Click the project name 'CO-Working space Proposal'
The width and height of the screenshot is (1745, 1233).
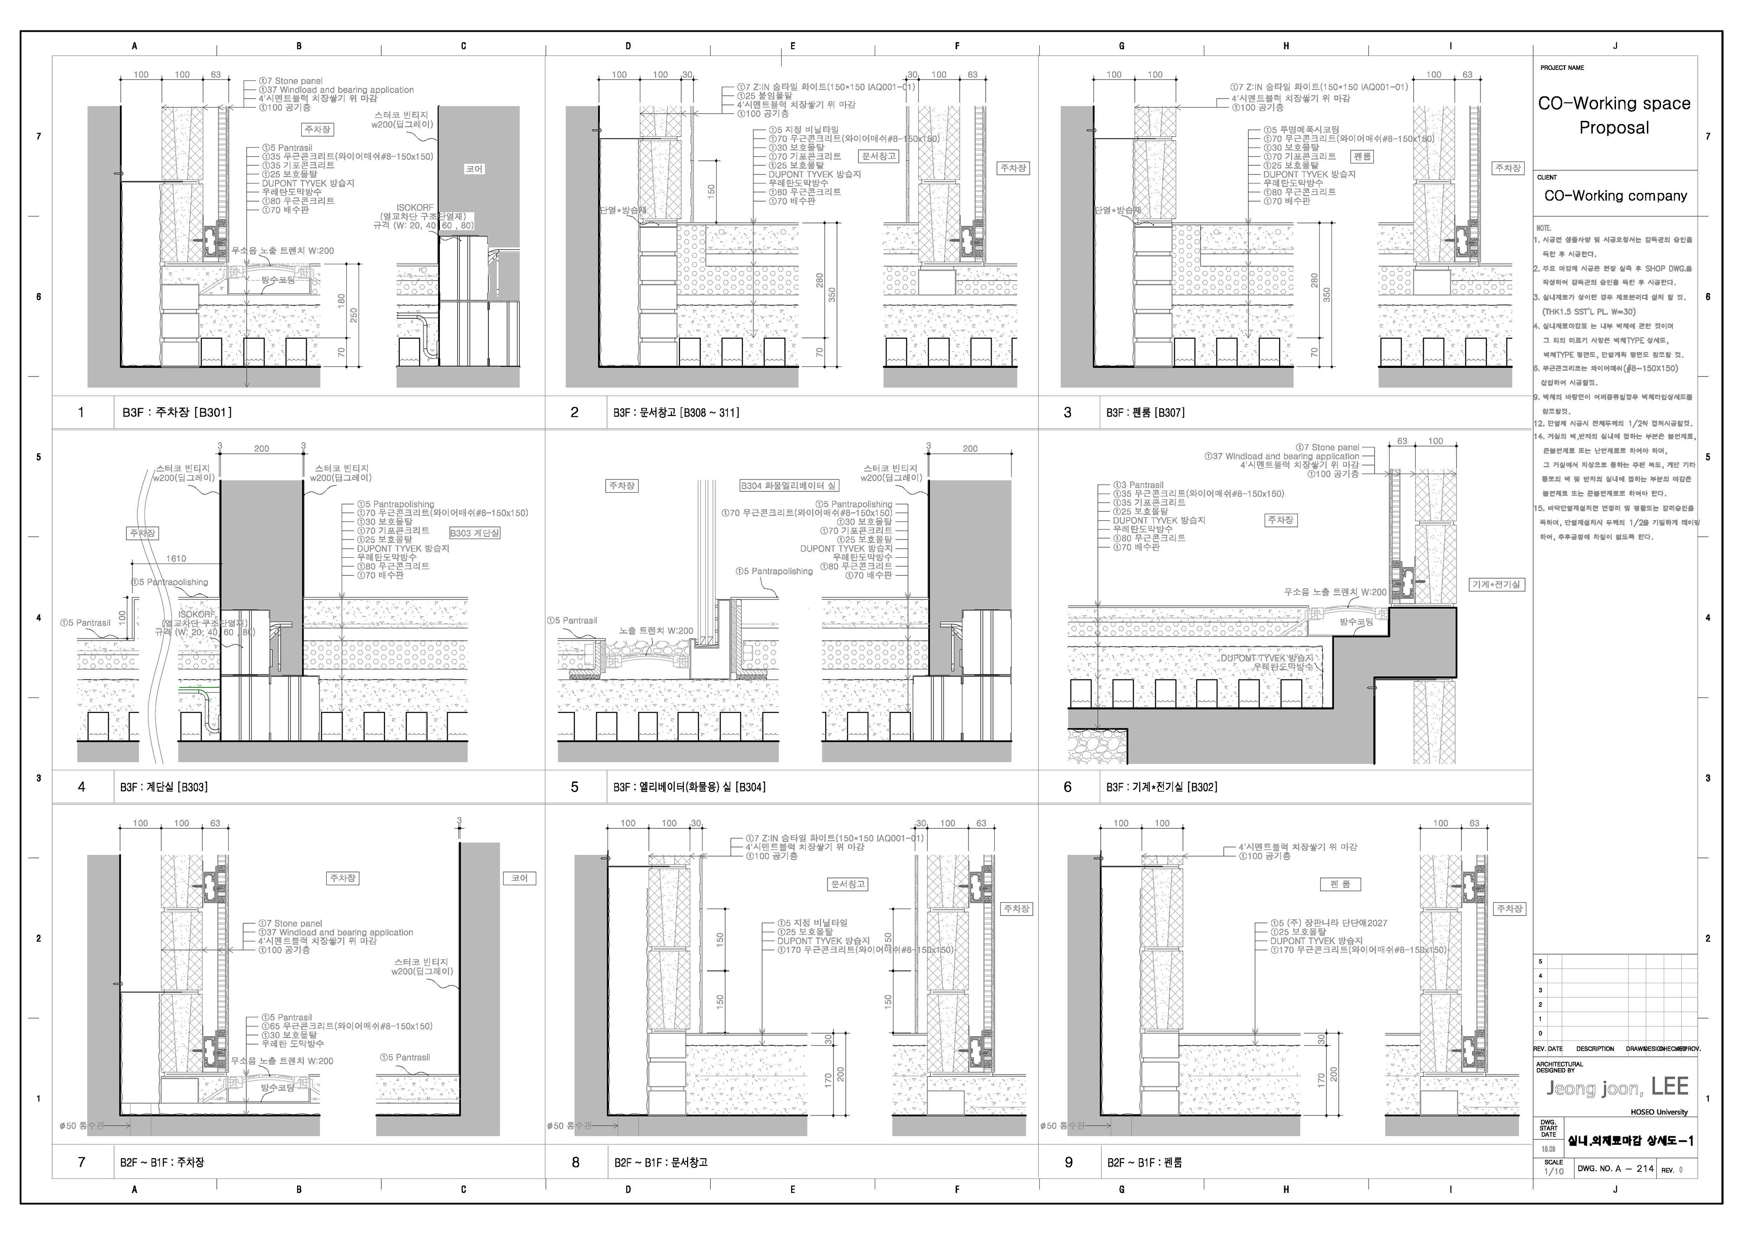click(1614, 115)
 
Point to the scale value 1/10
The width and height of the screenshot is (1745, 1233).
click(1554, 1172)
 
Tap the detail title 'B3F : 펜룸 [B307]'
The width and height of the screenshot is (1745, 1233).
click(1145, 412)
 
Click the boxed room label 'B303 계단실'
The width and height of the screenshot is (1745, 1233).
click(475, 533)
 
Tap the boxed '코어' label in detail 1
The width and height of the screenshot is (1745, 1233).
click(474, 168)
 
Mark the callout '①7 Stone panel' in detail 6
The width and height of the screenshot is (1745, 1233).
click(1330, 447)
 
